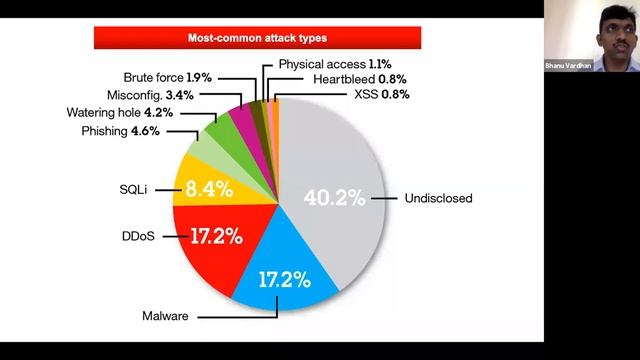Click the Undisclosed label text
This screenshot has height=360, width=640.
[x=437, y=198]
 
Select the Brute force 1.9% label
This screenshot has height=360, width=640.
[x=168, y=76]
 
